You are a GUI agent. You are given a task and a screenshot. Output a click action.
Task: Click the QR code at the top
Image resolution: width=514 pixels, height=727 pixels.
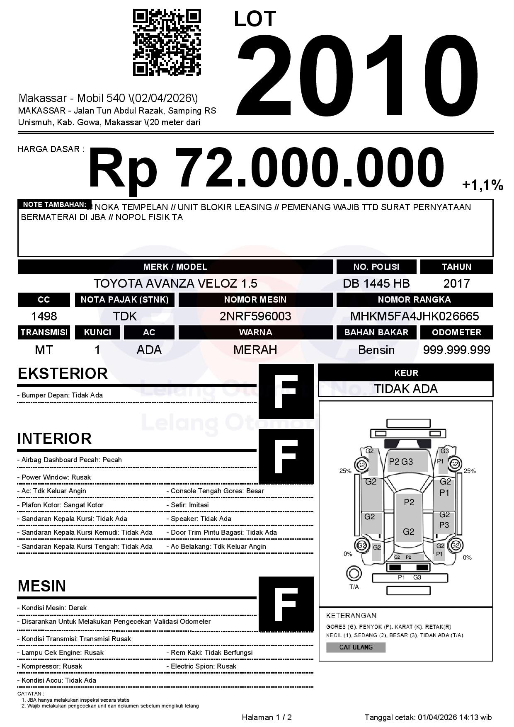click(x=167, y=43)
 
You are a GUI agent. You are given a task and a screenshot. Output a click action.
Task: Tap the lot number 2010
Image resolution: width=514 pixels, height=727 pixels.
click(x=357, y=75)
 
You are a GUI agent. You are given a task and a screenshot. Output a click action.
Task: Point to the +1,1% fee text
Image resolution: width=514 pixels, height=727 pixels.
click(x=482, y=185)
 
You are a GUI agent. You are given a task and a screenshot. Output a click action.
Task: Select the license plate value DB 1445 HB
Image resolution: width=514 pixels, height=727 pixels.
click(x=376, y=284)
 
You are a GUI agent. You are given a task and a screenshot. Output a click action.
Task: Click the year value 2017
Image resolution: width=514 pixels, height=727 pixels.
click(x=456, y=284)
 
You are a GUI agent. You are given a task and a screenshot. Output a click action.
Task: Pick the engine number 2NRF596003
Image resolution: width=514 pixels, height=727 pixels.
click(x=255, y=317)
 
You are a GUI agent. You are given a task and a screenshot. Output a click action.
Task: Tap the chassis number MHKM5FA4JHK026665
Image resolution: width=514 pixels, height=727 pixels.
click(x=415, y=317)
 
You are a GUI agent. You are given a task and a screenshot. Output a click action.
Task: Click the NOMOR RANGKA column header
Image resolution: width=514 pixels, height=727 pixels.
click(x=415, y=300)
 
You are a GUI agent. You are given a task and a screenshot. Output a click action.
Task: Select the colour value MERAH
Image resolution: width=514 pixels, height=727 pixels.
click(x=255, y=350)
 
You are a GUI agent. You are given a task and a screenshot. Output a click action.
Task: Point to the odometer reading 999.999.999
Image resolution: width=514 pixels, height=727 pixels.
click(x=456, y=350)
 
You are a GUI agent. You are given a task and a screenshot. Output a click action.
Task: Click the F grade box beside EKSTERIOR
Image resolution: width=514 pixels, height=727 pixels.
click(x=286, y=391)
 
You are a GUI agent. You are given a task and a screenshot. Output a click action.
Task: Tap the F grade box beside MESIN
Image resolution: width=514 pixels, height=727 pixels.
click(x=286, y=604)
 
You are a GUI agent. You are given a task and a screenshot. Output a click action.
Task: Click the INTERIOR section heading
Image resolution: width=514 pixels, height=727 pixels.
click(x=54, y=439)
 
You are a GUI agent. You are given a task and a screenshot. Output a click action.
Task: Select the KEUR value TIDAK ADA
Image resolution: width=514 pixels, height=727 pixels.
click(x=406, y=389)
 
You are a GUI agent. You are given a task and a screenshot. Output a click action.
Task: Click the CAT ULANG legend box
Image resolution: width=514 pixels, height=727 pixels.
click(x=356, y=647)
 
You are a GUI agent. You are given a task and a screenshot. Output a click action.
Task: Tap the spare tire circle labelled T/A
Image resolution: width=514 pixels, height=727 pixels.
click(x=354, y=573)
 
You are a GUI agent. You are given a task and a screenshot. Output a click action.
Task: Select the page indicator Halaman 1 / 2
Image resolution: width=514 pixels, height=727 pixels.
click(x=267, y=717)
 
